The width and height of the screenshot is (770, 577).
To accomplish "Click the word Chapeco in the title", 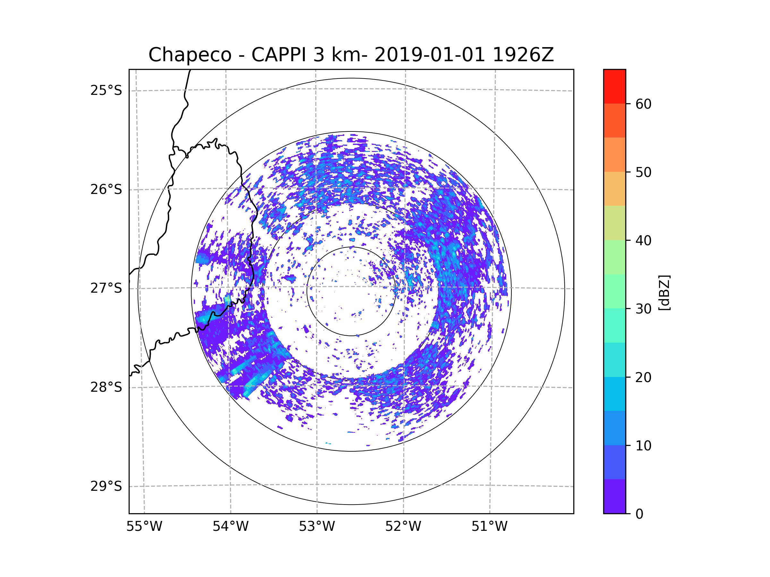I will [190, 55].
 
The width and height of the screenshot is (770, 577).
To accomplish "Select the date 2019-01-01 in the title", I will [430, 55].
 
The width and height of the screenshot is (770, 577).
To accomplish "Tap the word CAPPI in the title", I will [279, 55].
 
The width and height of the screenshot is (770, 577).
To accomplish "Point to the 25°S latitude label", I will [106, 90].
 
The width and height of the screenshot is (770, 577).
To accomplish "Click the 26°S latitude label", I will [106, 189].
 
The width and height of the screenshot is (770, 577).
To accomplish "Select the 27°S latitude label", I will [106, 288].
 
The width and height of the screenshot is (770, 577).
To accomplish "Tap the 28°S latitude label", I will [106, 387].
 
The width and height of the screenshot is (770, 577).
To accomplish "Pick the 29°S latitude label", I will [106, 486].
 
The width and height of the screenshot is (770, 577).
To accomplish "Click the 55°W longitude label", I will [144, 527].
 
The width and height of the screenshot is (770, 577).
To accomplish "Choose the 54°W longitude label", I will [230, 527].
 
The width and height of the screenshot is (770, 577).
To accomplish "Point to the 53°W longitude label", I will [317, 527].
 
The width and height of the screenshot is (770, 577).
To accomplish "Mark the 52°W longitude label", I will [403, 527].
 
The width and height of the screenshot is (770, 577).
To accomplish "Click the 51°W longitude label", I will [489, 527].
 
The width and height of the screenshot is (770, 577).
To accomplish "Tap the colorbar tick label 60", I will [643, 104].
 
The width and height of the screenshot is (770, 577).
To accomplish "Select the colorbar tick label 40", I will [643, 241].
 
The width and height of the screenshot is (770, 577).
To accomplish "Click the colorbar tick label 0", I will [639, 514].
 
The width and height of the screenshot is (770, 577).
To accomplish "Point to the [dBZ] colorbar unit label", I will [664, 293].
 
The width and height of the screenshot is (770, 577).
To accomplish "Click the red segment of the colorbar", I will [614, 86].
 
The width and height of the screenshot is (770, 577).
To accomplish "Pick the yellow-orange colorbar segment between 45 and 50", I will [614, 189].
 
